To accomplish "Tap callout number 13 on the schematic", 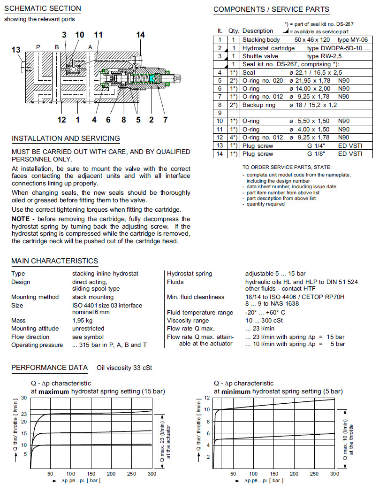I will click(x=16, y=50).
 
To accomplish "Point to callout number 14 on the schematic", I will click(x=141, y=35).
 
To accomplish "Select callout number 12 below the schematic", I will click(x=62, y=120).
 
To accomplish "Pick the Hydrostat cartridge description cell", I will click(x=268, y=48).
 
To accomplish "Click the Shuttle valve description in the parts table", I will click(x=260, y=56).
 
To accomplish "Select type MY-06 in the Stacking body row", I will click(x=349, y=40).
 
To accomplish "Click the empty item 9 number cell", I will click(x=220, y=113).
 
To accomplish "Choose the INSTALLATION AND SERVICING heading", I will click(x=66, y=138).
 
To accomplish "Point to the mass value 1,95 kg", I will click(x=82, y=320).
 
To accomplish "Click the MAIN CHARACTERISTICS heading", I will click(x=54, y=261).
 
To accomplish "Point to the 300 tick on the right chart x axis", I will click(x=334, y=473).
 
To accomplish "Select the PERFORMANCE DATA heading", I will click(x=49, y=368).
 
